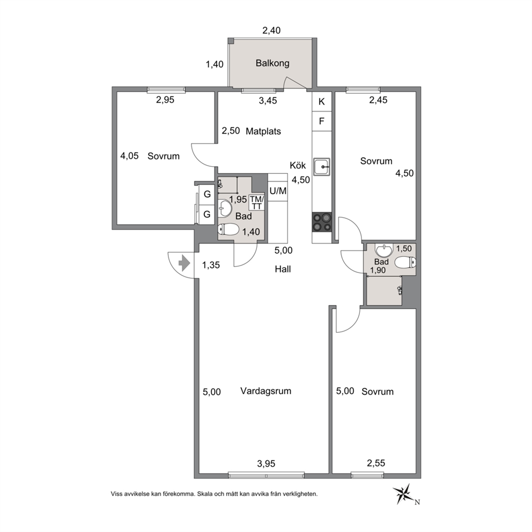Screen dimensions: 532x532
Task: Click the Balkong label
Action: pos(272,63)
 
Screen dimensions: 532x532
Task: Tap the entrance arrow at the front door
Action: pos(184,264)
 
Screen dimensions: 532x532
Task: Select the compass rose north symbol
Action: pos(403,493)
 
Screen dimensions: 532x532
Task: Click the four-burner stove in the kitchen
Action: pos(322,222)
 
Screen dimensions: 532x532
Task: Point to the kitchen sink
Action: pos(322,167)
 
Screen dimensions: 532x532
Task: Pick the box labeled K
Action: pos(322,101)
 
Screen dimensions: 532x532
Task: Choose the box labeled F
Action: pos(322,121)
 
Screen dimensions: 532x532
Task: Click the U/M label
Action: pos(278,191)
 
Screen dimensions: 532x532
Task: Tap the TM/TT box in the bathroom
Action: pos(256,203)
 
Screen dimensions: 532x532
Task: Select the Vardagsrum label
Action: pos(265,391)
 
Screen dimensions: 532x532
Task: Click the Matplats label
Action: pos(263,131)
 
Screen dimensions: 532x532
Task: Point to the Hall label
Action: pos(283,269)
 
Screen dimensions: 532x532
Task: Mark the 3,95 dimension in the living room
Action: pos(267,463)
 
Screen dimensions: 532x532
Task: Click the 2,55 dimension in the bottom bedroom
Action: pos(376,463)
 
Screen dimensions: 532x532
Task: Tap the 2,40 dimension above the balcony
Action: pos(271,31)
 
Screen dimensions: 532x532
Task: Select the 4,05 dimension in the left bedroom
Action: pos(130,156)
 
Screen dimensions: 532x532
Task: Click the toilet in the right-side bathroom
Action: pos(405,262)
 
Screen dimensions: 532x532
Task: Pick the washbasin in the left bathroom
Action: pos(224,208)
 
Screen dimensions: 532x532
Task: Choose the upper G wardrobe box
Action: pos(207,195)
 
